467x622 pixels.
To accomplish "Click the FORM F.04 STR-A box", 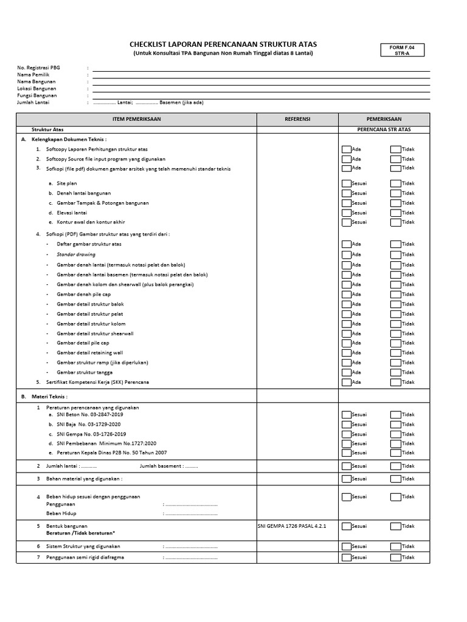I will (x=402, y=50).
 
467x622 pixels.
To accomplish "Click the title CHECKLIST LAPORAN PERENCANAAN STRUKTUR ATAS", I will (x=223, y=44).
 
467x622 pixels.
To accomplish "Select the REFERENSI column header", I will (x=297, y=119).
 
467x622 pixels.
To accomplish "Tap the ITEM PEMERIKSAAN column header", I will (x=137, y=119).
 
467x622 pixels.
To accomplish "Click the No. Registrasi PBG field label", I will (x=39, y=68).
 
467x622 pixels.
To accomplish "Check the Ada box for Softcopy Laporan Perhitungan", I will (x=346, y=149).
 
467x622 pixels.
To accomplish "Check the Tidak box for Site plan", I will (x=395, y=183).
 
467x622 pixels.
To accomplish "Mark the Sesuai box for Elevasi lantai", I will (x=346, y=213).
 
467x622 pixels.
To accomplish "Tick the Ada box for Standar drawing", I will (x=346, y=255).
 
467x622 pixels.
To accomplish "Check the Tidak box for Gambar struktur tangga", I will (x=395, y=372).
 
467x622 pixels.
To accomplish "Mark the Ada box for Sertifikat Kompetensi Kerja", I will (x=346, y=383).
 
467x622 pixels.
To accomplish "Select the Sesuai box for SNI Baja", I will (x=346, y=425).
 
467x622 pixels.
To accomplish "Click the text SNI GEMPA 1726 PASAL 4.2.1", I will (x=292, y=526).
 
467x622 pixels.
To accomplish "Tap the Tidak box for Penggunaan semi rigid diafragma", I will (x=395, y=558).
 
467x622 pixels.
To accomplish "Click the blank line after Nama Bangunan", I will (x=261, y=81).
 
